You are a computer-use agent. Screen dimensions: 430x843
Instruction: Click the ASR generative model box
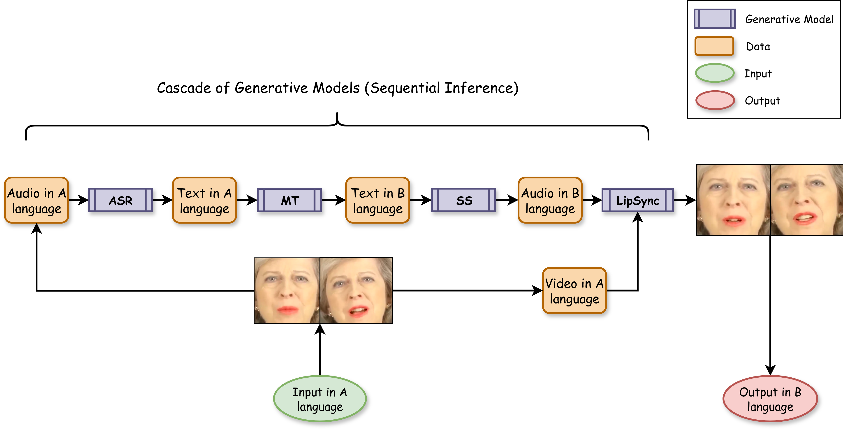pyautogui.click(x=120, y=200)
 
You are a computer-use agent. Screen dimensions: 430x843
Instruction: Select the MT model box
pyautogui.click(x=290, y=200)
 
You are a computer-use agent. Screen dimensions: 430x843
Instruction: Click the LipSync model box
pyautogui.click(x=637, y=200)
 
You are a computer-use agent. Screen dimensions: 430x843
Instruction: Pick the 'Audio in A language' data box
pyautogui.click(x=36, y=200)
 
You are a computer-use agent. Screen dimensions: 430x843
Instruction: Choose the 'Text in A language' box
pyautogui.click(x=204, y=200)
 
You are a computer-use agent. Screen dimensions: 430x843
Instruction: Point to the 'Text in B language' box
pyautogui.click(x=378, y=200)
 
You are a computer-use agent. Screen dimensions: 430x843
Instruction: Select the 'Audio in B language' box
pyautogui.click(x=550, y=200)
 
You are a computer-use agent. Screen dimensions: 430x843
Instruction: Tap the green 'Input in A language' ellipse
pyautogui.click(x=320, y=399)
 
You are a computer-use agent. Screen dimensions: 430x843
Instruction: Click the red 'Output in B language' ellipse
pyautogui.click(x=770, y=399)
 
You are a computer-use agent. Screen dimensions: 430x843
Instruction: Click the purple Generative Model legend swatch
pyautogui.click(x=715, y=19)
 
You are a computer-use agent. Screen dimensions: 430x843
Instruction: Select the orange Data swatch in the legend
pyautogui.click(x=714, y=46)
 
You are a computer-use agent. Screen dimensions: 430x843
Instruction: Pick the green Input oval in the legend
pyautogui.click(x=715, y=73)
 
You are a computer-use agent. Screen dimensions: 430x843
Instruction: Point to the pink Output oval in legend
pyautogui.click(x=715, y=100)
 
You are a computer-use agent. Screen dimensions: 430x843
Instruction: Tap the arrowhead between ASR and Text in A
pyautogui.click(x=168, y=200)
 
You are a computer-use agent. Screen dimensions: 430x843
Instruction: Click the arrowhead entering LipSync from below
pyautogui.click(x=637, y=217)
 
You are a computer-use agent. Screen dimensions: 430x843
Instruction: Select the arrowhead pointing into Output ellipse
pyautogui.click(x=770, y=370)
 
